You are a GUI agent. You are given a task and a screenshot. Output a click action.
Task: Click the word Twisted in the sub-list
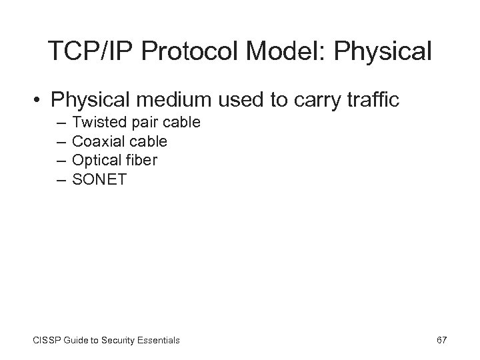95,123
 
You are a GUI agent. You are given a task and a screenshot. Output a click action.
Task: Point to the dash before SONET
61,179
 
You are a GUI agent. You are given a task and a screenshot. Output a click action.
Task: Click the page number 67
441,340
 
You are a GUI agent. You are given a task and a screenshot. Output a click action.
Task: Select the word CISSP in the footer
43,341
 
